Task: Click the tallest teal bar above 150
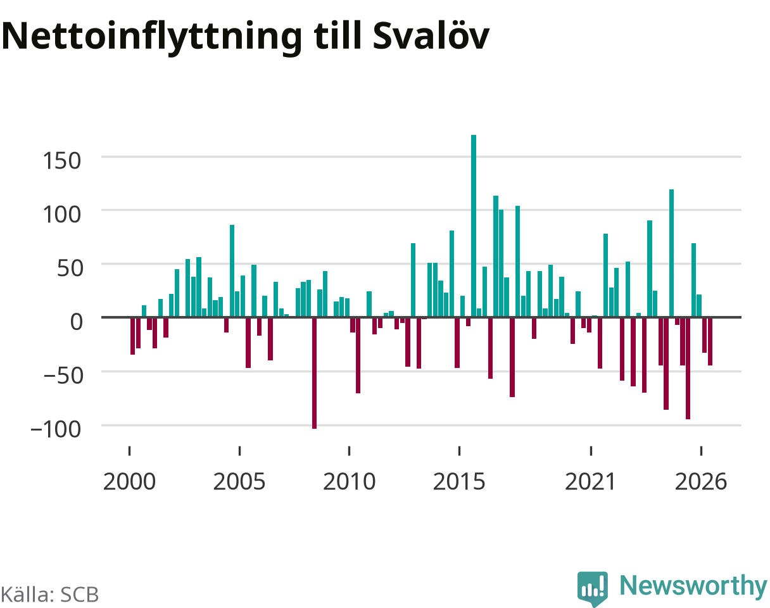pyautogui.click(x=474, y=226)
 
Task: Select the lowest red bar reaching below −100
pyautogui.click(x=314, y=373)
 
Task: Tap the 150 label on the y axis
pyautogui.click(x=62, y=161)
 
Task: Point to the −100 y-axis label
pyautogui.click(x=56, y=429)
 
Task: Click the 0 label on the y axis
pyautogui.click(x=76, y=322)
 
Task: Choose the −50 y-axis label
pyautogui.click(x=63, y=376)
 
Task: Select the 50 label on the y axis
pyautogui.click(x=70, y=268)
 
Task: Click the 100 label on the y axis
pyautogui.click(x=62, y=214)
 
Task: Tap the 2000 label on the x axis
pyautogui.click(x=130, y=482)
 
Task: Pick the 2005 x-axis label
pyautogui.click(x=239, y=482)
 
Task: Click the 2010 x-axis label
pyautogui.click(x=349, y=482)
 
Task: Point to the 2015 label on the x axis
pyautogui.click(x=459, y=482)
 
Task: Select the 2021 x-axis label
pyautogui.click(x=590, y=482)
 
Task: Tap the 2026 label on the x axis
pyautogui.click(x=701, y=482)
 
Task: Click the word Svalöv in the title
pyautogui.click(x=431, y=36)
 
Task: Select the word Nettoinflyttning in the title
pyautogui.click(x=152, y=38)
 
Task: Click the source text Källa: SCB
pyautogui.click(x=49, y=595)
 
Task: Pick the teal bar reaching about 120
pyautogui.click(x=672, y=253)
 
